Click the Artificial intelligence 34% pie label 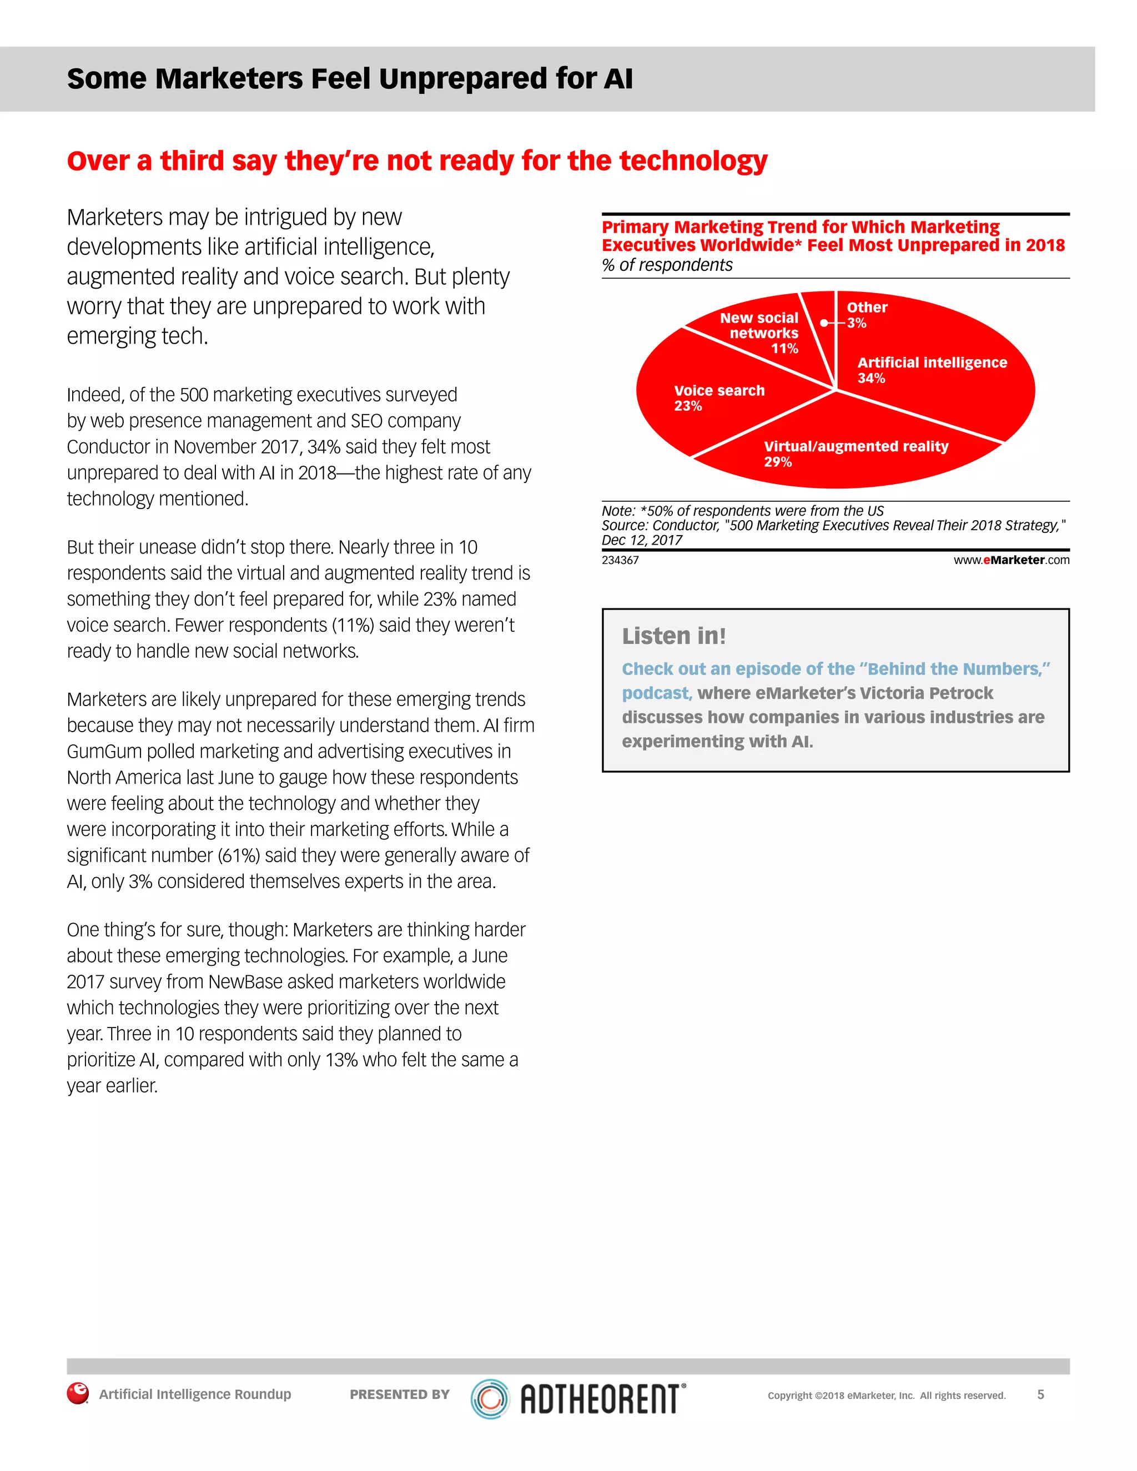pyautogui.click(x=932, y=370)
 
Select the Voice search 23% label pyautogui.click(x=719, y=398)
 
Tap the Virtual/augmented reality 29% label pyautogui.click(x=856, y=454)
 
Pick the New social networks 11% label pyautogui.click(x=762, y=333)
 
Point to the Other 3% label pyautogui.click(x=866, y=315)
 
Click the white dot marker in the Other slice pyautogui.click(x=824, y=323)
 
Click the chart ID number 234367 pyautogui.click(x=620, y=561)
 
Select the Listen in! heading pyautogui.click(x=673, y=636)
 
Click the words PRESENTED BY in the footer pyautogui.click(x=399, y=1394)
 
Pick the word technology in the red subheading pyautogui.click(x=693, y=161)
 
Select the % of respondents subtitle pyautogui.click(x=667, y=265)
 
